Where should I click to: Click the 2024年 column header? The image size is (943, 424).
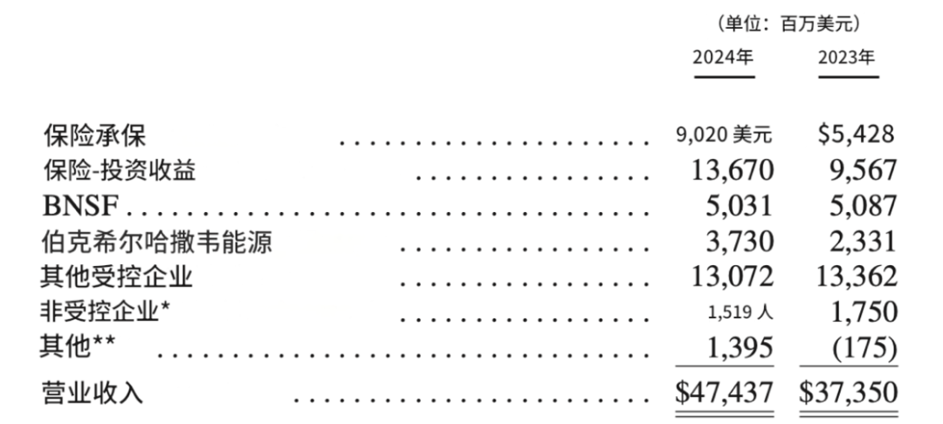pyautogui.click(x=723, y=58)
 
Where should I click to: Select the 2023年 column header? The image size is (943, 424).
pyautogui.click(x=846, y=58)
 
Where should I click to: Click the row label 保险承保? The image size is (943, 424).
pyautogui.click(x=94, y=136)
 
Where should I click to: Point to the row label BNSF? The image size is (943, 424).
pyautogui.click(x=80, y=207)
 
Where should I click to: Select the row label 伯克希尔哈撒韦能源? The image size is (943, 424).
pyautogui.click(x=156, y=242)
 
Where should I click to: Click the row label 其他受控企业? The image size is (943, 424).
pyautogui.click(x=117, y=277)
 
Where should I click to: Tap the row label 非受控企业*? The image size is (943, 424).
pyautogui.click(x=105, y=312)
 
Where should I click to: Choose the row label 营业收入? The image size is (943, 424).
pyautogui.click(x=92, y=393)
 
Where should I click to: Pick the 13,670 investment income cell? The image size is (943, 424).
pyautogui.click(x=732, y=171)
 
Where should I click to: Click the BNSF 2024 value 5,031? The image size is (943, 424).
pyautogui.click(x=740, y=206)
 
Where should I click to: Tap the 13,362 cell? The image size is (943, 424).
pyautogui.click(x=857, y=277)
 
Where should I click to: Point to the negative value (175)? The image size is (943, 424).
pyautogui.click(x=864, y=348)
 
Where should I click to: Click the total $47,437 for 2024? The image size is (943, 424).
pyautogui.click(x=724, y=393)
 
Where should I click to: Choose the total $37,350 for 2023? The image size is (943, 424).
pyautogui.click(x=848, y=393)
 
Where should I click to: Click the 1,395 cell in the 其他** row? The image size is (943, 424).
pyautogui.click(x=740, y=348)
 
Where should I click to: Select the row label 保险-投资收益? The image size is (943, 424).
pyautogui.click(x=119, y=171)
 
